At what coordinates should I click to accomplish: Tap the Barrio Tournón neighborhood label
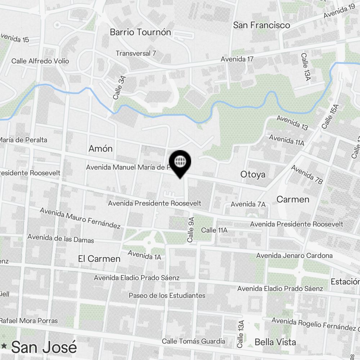(x=140, y=32)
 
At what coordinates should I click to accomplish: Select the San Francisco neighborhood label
(x=261, y=25)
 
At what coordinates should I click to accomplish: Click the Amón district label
(x=100, y=149)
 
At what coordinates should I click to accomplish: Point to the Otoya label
(x=253, y=175)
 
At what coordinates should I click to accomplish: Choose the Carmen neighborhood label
(x=293, y=199)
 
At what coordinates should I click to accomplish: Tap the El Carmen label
(x=99, y=258)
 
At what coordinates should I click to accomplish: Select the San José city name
(x=44, y=347)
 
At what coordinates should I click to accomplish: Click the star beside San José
(x=4, y=346)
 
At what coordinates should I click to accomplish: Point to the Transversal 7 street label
(x=136, y=53)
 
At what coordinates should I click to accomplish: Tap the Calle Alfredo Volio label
(x=40, y=61)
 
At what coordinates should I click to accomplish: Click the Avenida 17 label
(x=237, y=59)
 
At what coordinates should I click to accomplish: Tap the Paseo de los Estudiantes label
(x=167, y=296)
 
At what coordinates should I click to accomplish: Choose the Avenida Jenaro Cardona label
(x=294, y=256)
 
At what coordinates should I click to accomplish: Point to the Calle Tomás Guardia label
(x=193, y=341)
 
